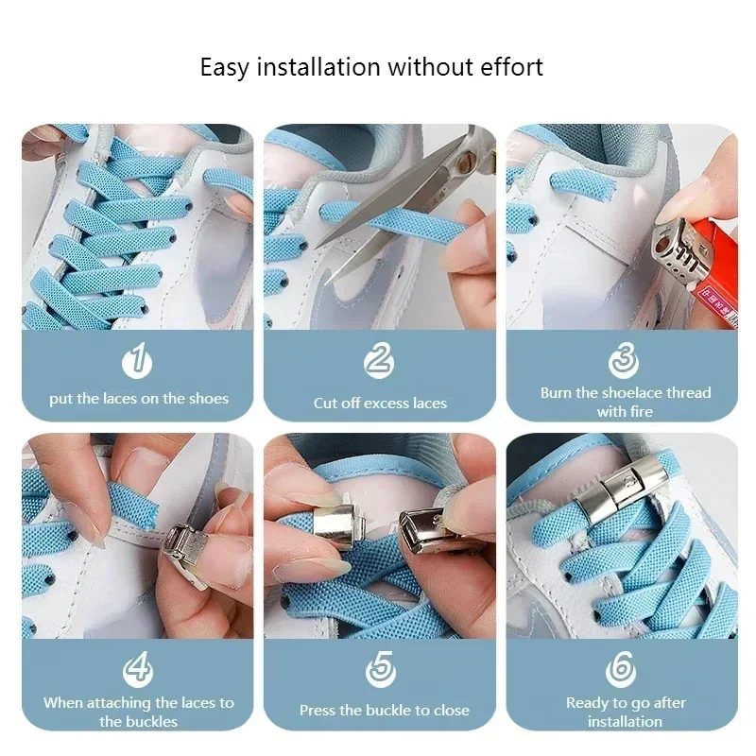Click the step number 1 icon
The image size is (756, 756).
138,360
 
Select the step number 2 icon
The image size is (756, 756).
379,360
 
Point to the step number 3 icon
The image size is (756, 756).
623,360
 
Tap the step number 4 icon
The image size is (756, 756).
138,669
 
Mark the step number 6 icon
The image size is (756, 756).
623,669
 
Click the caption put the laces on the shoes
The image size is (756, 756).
139,399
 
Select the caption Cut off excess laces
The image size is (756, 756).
380,404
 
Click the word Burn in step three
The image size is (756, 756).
558,392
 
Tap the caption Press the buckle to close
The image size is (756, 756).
384,710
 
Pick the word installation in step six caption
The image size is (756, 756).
625,721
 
